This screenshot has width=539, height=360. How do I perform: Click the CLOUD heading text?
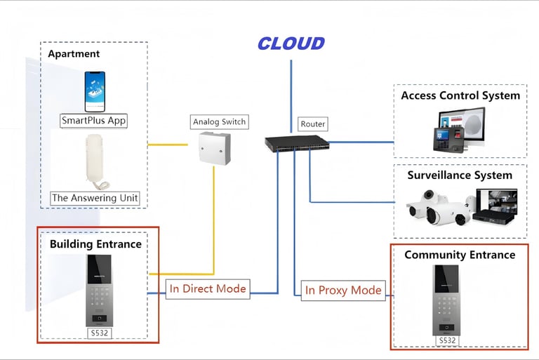pos(291,44)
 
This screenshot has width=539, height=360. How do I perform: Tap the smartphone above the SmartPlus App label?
pos(95,91)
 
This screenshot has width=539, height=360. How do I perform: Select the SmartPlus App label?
pos(94,121)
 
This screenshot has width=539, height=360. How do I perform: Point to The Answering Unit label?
pos(95,198)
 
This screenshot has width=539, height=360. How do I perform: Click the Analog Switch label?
pos(220,122)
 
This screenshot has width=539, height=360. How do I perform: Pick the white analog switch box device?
pos(215,148)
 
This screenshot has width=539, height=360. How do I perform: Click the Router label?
pos(313,124)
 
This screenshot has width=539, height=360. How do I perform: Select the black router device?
pos(297,143)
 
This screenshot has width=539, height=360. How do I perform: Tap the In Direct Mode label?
pos(208,288)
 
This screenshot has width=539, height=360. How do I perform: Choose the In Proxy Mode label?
pos(343,290)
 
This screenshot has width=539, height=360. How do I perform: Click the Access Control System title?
pos(460,95)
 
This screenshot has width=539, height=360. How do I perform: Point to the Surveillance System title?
pos(460,175)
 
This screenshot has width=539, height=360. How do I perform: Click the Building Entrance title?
pos(95,244)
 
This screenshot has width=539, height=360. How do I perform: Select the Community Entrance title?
pos(460,255)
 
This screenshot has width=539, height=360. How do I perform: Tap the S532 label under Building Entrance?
pos(100,333)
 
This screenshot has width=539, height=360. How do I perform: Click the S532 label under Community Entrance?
pos(447,341)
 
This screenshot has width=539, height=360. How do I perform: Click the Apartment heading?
pos(74,53)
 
